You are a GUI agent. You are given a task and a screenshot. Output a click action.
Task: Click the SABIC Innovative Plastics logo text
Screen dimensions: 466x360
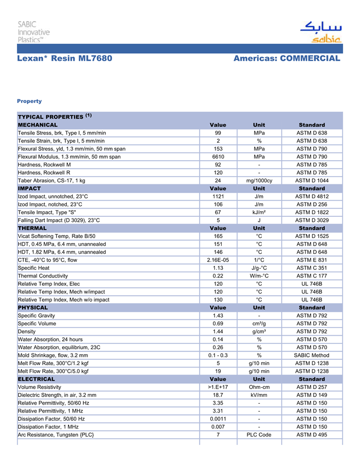click(x=34, y=31)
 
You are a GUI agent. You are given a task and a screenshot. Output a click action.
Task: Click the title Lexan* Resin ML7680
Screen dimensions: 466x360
click(x=64, y=58)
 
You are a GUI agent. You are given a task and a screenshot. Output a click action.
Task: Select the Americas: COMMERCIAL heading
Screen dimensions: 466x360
click(x=286, y=58)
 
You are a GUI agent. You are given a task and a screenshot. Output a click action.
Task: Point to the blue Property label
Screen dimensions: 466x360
click(x=29, y=101)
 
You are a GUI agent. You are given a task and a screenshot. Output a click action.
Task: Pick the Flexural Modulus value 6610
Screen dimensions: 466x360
click(x=218, y=157)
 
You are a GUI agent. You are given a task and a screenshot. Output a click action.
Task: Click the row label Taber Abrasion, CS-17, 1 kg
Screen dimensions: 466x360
click(x=51, y=181)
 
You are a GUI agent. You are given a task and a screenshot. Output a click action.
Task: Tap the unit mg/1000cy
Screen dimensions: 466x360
click(x=259, y=181)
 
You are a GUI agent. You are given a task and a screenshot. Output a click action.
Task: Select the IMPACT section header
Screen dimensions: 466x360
click(x=29, y=188)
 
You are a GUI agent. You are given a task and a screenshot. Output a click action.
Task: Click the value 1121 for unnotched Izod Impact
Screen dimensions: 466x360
click(x=218, y=196)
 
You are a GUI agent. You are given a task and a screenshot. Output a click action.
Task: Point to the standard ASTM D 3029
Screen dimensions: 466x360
click(x=311, y=220)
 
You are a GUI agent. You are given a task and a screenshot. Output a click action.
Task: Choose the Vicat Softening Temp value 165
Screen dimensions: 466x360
click(x=218, y=236)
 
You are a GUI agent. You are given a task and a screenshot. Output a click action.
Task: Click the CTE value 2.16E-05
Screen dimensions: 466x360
click(x=218, y=260)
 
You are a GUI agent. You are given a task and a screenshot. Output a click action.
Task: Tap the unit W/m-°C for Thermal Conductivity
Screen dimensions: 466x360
click(x=259, y=276)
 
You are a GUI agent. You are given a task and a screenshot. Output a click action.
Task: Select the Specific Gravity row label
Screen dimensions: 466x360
click(x=37, y=316)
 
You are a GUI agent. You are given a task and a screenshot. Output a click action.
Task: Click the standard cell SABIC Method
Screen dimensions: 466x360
click(x=311, y=355)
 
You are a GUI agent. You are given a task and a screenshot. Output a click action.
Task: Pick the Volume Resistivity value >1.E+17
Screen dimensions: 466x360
click(x=218, y=387)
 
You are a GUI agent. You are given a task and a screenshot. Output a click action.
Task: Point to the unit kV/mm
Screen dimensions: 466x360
click(x=259, y=395)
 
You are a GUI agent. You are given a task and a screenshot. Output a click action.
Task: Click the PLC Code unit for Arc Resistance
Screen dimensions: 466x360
click(x=259, y=435)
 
